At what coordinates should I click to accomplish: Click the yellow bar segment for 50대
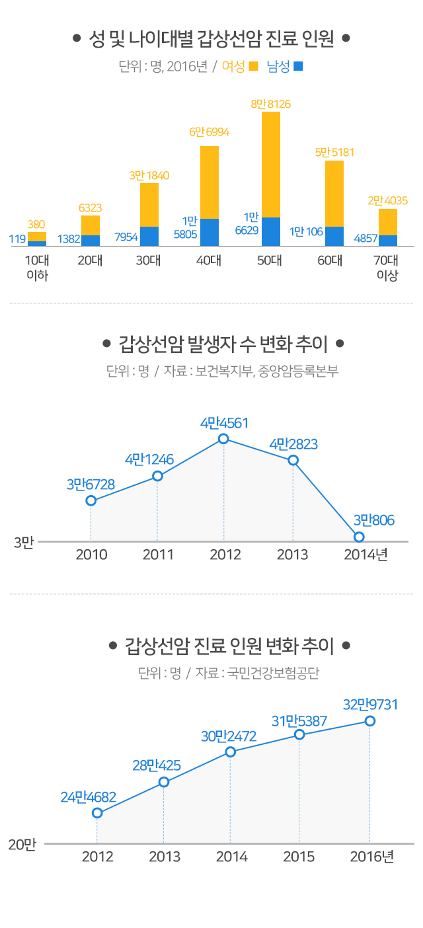[271, 165]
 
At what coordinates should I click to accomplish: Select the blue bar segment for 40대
[210, 232]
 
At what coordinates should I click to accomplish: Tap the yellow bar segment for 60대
[334, 193]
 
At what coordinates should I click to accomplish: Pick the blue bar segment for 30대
[149, 236]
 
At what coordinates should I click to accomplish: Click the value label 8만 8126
[271, 104]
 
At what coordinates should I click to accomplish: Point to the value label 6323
[90, 208]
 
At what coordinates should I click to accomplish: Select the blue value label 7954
[126, 237]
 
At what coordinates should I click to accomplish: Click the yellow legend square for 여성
[253, 67]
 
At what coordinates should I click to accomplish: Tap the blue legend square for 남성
[298, 67]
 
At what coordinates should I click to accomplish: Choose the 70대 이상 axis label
[387, 267]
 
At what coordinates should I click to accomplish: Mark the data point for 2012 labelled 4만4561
[223, 439]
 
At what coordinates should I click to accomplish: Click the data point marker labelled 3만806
[359, 537]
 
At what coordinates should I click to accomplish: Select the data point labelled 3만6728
[91, 500]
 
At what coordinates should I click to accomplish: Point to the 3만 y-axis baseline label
[24, 543]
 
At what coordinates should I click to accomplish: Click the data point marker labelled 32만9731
[370, 721]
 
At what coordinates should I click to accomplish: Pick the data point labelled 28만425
[164, 783]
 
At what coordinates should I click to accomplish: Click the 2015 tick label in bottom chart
[299, 857]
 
